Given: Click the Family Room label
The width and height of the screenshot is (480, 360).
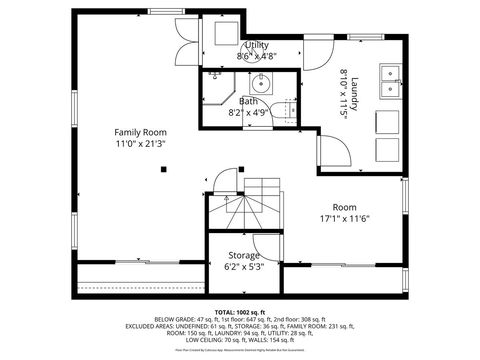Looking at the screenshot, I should [140, 132].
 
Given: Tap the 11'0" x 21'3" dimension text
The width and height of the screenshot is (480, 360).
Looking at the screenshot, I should [140, 144].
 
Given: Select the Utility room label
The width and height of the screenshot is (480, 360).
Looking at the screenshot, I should [256, 46].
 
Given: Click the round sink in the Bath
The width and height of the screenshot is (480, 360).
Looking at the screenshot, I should [261, 83].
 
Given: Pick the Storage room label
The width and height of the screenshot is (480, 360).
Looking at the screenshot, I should [244, 255].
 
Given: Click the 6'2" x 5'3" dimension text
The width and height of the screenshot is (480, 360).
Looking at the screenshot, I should [244, 267].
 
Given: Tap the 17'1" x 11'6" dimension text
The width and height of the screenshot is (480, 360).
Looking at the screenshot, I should [345, 218].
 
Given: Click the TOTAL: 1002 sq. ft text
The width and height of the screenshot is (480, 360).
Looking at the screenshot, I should [240, 312].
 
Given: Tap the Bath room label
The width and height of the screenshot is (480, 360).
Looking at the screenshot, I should [248, 101].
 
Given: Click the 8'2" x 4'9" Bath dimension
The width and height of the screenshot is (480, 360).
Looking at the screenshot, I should [248, 113].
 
